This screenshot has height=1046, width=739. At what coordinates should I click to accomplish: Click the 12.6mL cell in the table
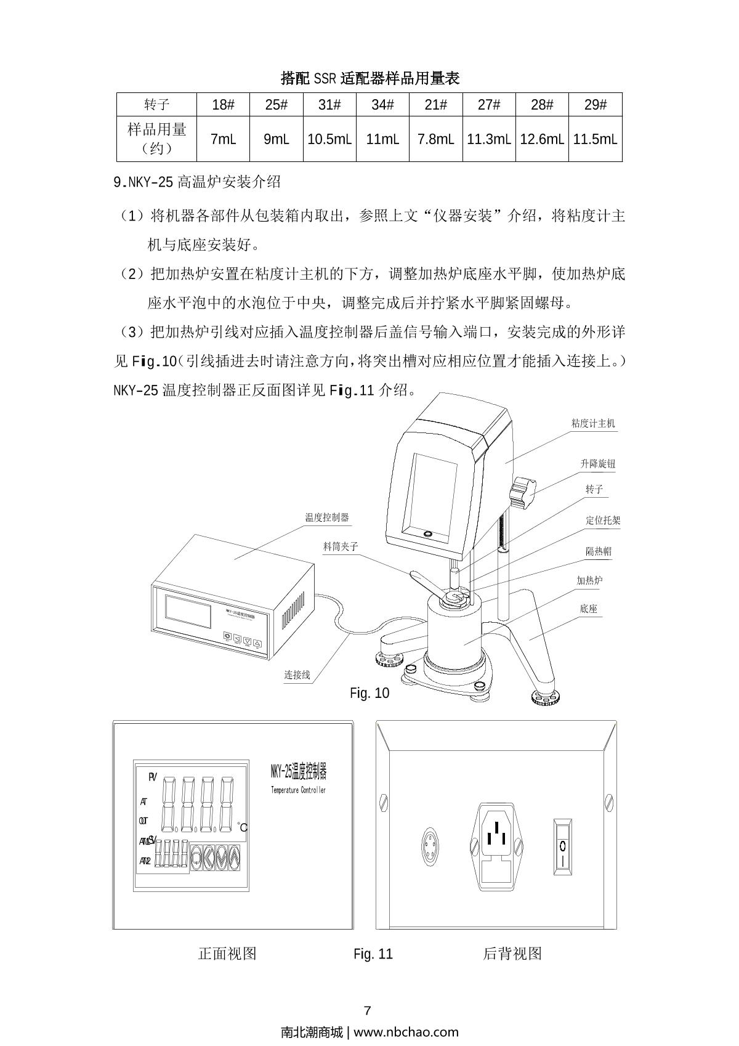point(541,139)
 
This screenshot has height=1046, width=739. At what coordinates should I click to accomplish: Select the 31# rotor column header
point(329,105)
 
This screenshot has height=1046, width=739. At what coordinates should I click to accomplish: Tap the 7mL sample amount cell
point(223,139)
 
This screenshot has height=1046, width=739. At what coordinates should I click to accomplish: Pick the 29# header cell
point(595,105)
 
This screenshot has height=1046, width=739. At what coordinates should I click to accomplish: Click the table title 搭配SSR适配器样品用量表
point(370,78)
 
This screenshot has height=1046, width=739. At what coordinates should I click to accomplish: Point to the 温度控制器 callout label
point(327,517)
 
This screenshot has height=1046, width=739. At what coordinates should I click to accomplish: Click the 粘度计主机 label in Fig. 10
point(593,423)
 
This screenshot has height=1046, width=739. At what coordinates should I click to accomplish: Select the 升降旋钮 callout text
point(597,464)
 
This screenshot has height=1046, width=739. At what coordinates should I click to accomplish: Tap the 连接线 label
point(297,675)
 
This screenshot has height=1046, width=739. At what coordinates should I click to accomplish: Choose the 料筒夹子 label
point(341,546)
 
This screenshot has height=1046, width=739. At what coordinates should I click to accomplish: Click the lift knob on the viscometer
point(523,492)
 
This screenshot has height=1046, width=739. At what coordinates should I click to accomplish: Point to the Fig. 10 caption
point(369,693)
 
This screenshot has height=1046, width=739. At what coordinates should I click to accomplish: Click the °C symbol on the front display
point(243,827)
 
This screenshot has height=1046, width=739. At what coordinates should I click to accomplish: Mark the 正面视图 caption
point(227,954)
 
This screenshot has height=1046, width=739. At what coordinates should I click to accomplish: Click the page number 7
point(368,1011)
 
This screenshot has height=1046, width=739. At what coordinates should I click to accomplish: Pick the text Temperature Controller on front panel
point(298,790)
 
